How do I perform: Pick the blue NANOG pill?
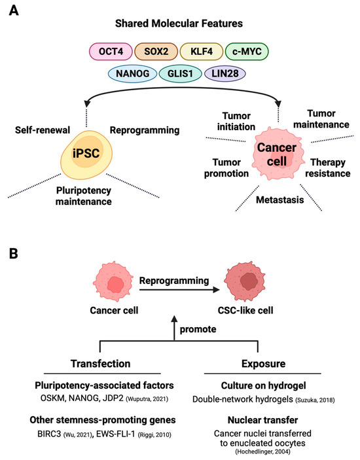132,73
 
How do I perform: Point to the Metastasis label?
262,200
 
